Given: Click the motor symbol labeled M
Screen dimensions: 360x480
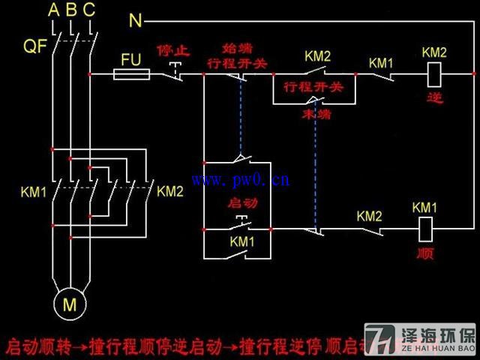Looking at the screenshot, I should click(69, 304).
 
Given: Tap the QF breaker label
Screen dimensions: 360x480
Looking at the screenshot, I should click(34, 46).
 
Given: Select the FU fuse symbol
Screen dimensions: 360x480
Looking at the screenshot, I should click(131, 73).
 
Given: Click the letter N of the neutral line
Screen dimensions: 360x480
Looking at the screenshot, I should click(136, 21).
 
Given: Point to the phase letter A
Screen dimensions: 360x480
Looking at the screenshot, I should click(53, 10).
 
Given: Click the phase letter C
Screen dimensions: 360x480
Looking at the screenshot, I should click(88, 10).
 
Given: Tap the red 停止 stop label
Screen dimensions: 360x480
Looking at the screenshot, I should click(174, 51).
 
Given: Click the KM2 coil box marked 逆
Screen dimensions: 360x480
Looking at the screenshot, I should click(433, 73).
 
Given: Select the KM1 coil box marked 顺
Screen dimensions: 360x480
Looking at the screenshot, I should click(424, 227).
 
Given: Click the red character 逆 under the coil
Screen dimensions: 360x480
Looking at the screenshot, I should click(433, 98).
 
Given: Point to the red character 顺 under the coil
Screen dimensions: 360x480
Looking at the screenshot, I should click(424, 253).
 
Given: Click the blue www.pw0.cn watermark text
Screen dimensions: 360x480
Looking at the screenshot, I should click(241, 180).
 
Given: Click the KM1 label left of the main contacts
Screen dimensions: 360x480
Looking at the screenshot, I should click(34, 192).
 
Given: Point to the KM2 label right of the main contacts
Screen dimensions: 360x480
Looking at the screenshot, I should click(169, 191).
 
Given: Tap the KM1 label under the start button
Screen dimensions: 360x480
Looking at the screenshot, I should click(241, 242).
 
